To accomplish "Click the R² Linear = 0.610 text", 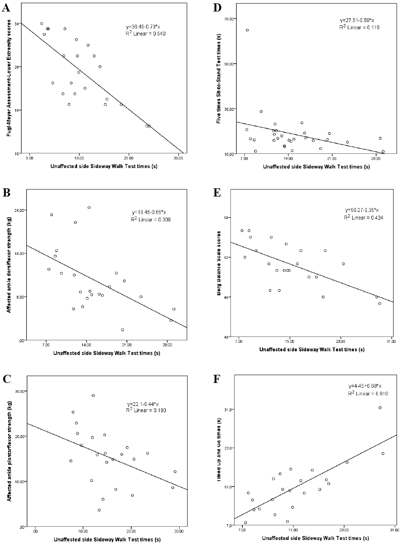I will coord(368,394).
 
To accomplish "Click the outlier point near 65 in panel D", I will coord(247,30).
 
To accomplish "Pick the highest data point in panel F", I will coord(380,407).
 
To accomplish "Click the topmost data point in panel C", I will coord(93,395).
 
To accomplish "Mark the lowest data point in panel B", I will coord(123,330).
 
